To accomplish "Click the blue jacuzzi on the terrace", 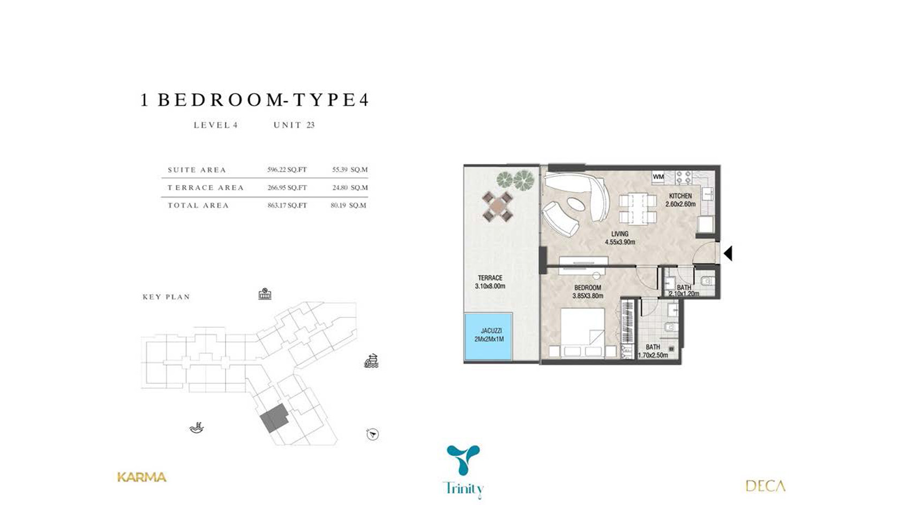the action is (x=488, y=336).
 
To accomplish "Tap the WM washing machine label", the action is (x=658, y=176).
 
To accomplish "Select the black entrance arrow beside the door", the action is (x=728, y=253).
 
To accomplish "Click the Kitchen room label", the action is (x=680, y=196).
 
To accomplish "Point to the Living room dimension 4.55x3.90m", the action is (x=620, y=242).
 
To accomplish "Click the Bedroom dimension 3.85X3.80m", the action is (x=587, y=296).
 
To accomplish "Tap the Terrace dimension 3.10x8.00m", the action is (x=490, y=286).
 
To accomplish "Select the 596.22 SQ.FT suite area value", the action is (x=287, y=170).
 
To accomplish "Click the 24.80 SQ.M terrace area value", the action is (x=350, y=187).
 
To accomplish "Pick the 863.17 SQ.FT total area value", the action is (x=287, y=206).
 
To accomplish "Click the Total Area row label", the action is (x=198, y=206).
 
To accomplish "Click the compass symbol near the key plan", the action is (x=372, y=434).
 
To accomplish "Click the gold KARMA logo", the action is (x=141, y=477).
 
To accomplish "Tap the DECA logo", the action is (x=765, y=486).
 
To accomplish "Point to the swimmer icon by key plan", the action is (x=197, y=428).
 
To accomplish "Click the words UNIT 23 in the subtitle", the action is (x=294, y=125).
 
